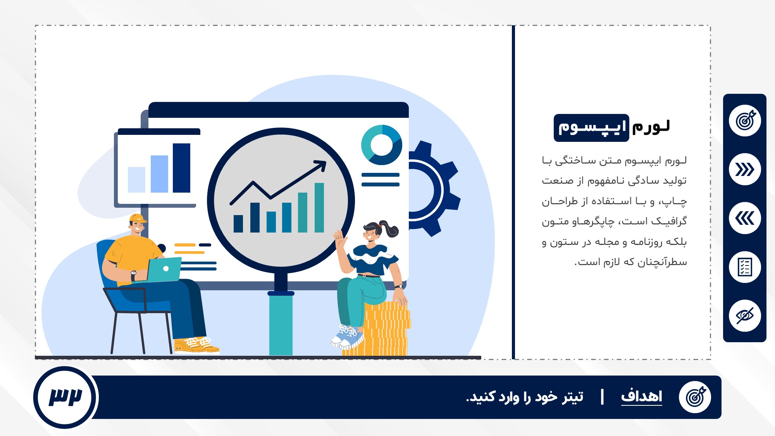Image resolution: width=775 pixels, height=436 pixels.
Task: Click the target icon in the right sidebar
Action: [x=745, y=121]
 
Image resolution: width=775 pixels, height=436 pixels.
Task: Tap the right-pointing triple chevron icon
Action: [x=745, y=169]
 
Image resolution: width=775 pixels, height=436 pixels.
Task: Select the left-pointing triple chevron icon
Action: [x=745, y=218]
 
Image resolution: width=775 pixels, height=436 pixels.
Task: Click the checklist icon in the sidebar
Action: [x=745, y=267]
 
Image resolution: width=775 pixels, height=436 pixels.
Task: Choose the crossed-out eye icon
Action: [x=745, y=316]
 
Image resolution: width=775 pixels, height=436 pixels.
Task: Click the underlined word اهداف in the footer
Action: [x=642, y=396]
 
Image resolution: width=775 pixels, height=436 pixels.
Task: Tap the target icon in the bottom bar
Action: [x=695, y=397]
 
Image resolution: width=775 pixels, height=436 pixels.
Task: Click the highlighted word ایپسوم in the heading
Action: [x=591, y=128]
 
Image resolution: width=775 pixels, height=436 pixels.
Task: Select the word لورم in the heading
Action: [x=651, y=127]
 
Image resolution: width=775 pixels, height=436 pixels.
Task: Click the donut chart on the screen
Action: [x=382, y=145]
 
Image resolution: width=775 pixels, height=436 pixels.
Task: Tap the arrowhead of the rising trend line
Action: [x=321, y=165]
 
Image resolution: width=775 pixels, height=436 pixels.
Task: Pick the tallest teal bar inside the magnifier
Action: [x=319, y=208]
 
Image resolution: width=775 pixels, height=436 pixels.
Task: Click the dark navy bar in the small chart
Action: [x=181, y=168]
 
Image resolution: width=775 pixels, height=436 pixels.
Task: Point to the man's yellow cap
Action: [x=138, y=219]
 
